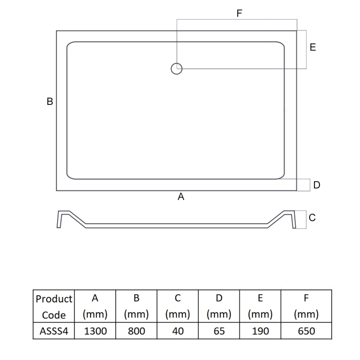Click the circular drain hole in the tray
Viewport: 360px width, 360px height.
click(x=176, y=69)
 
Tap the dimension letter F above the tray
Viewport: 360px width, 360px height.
click(x=239, y=13)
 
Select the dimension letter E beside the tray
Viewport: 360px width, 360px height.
click(x=313, y=47)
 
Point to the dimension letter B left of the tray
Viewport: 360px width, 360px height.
click(x=50, y=102)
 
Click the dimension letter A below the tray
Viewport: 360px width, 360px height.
click(x=181, y=197)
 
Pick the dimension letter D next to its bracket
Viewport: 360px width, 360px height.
click(x=317, y=185)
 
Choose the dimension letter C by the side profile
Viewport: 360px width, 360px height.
click(x=312, y=218)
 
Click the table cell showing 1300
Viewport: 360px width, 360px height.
click(x=95, y=331)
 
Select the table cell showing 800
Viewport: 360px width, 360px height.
click(x=136, y=331)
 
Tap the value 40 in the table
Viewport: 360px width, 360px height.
click(x=178, y=331)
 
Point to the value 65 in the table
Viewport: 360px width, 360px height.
click(x=219, y=331)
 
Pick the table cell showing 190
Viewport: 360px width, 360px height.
click(x=260, y=331)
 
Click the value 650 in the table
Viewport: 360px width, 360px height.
click(x=306, y=331)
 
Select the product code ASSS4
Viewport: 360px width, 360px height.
click(x=54, y=331)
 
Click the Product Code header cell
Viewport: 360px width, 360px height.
click(x=54, y=306)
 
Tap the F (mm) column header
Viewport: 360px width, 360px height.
click(x=306, y=306)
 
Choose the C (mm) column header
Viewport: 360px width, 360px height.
click(x=178, y=306)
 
